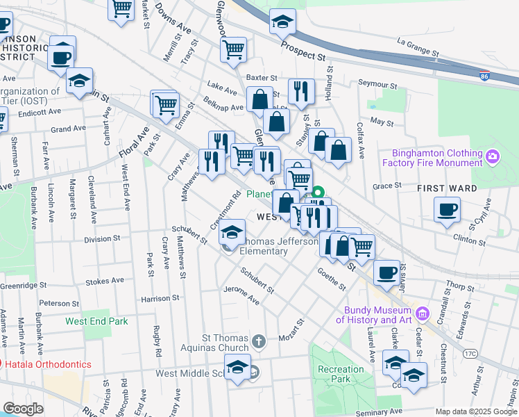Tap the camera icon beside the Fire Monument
click(493, 155)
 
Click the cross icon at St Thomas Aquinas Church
click(258, 341)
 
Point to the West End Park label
click(96, 321)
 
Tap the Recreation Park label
click(341, 374)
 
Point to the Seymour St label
click(377, 84)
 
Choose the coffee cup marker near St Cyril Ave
click(448, 208)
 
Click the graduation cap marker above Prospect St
click(282, 22)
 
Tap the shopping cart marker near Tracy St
click(234, 49)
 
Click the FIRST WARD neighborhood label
click(447, 188)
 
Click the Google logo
click(23, 409)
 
